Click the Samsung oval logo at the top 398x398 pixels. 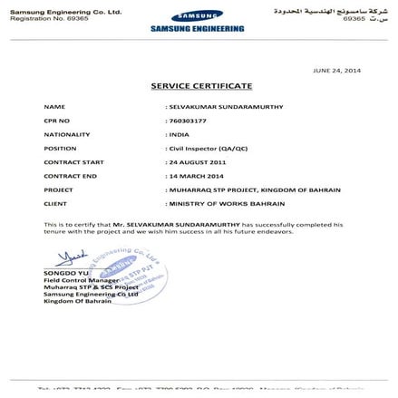tap(198, 16)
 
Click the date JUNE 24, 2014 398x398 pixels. tap(337, 69)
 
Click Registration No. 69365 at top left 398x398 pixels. tap(44, 17)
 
